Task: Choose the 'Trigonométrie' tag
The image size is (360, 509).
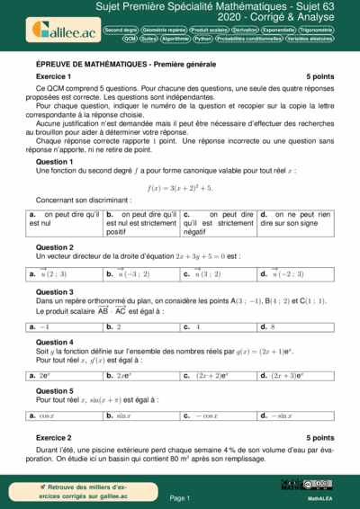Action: click(328, 30)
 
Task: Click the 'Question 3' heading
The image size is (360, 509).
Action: click(54, 292)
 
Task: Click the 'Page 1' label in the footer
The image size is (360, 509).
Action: click(179, 497)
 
